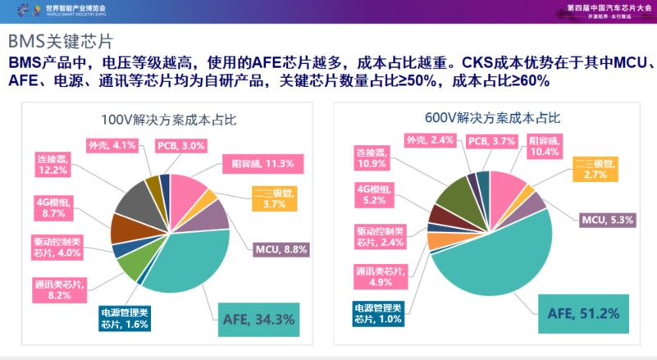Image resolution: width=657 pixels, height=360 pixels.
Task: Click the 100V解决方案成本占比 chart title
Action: [168, 119]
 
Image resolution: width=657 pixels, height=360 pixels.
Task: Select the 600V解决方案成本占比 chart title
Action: [493, 119]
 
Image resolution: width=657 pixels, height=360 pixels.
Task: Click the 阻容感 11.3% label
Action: [257, 162]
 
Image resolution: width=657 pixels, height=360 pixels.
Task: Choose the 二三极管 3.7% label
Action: [274, 199]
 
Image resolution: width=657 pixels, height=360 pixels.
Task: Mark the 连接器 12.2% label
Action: [53, 163]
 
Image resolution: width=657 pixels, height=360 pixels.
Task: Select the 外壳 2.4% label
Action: [428, 140]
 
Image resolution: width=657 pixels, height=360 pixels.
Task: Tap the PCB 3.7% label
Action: [491, 140]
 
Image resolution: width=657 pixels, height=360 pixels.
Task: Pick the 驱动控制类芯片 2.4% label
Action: [381, 236]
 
